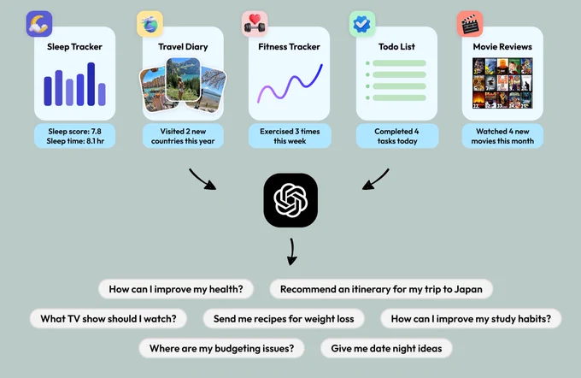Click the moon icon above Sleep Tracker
39,24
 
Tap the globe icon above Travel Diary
150,24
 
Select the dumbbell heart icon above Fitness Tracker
255,24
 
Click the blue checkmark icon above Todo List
362,24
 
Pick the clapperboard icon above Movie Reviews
470,24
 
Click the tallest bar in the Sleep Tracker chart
91,84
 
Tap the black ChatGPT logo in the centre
290,200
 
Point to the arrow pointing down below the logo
292,252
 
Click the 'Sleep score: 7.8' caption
75,132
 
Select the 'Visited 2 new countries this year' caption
183,136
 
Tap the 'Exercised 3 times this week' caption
290,136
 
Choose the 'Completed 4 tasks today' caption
397,136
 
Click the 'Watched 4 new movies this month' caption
502,136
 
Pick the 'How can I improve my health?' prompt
176,289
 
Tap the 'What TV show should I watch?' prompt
109,319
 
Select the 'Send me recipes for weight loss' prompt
284,319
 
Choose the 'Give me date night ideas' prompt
386,348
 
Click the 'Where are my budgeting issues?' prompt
221,348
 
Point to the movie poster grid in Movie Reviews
502,83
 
